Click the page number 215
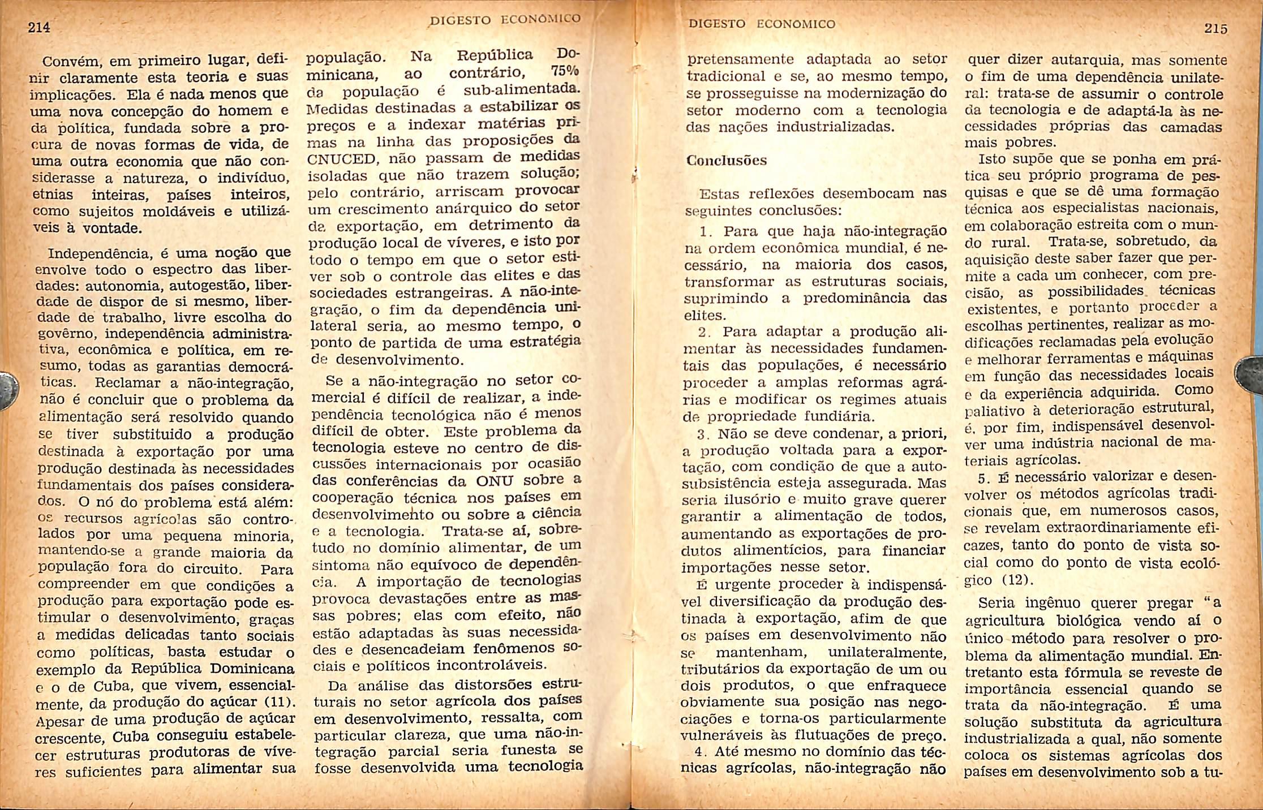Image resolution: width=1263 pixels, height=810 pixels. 1215,29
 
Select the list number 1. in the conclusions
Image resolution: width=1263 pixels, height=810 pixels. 706,232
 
